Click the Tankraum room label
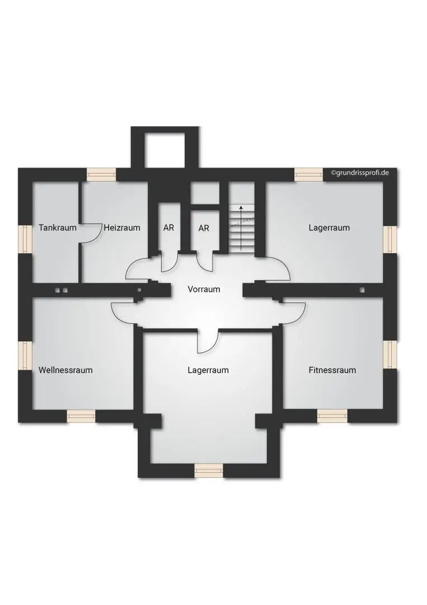(x=58, y=227)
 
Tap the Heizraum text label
(x=121, y=227)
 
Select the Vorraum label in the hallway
(x=204, y=289)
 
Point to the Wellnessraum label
(x=65, y=370)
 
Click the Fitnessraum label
(x=332, y=370)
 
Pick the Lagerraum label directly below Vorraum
(x=208, y=370)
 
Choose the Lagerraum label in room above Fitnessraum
(x=329, y=227)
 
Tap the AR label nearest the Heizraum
(x=168, y=228)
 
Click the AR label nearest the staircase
(x=204, y=228)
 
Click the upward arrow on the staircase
(x=241, y=227)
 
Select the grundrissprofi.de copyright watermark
(x=359, y=173)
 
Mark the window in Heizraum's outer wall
(x=101, y=174)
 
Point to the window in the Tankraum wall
(x=25, y=239)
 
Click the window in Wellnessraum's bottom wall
(x=81, y=416)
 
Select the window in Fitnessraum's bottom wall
(x=332, y=416)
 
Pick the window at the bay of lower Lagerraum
(x=209, y=471)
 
